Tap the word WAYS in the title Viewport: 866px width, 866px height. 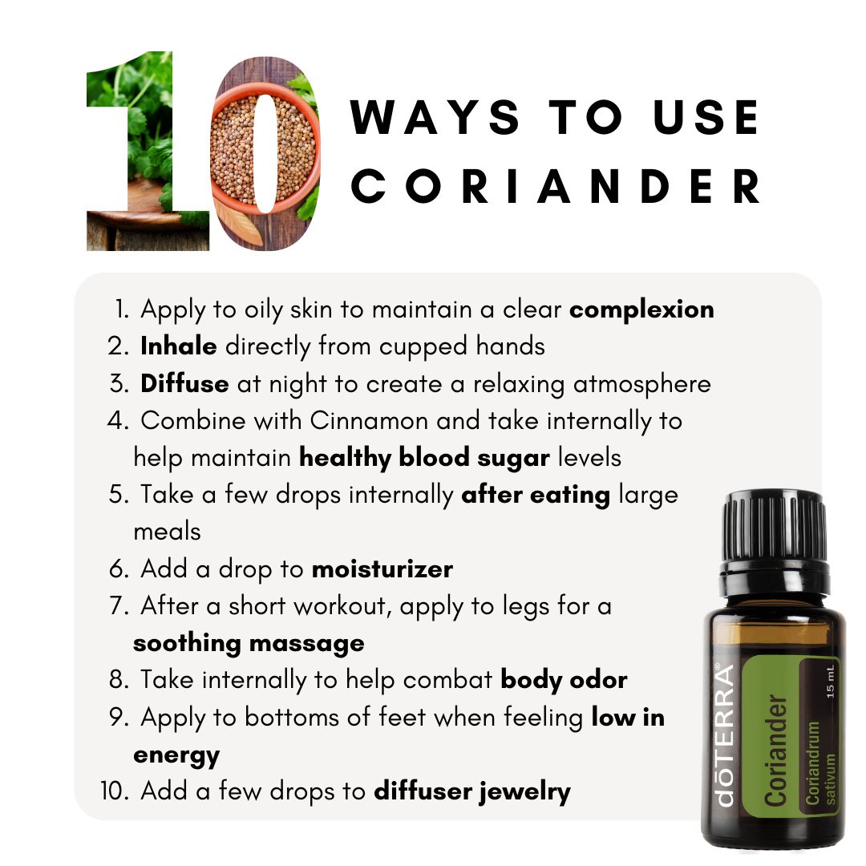pos(435,117)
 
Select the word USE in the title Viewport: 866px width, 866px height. pos(706,117)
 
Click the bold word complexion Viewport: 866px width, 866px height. pos(641,310)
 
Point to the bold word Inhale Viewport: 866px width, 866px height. pos(178,346)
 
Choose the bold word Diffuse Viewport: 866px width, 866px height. pos(184,383)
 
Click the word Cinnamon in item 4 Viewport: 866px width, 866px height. pos(368,421)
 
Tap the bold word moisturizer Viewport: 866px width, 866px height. pos(382,569)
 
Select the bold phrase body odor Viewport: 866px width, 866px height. pos(564,681)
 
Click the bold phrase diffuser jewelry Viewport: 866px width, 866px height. pos(472,791)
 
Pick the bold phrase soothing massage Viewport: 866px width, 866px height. pos(249,644)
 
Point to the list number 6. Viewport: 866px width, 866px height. pos(119,569)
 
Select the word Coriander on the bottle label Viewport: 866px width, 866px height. pos(775,750)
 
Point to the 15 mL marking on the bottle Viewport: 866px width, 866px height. pos(830,682)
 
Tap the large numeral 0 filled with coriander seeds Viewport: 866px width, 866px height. pos(265,153)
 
